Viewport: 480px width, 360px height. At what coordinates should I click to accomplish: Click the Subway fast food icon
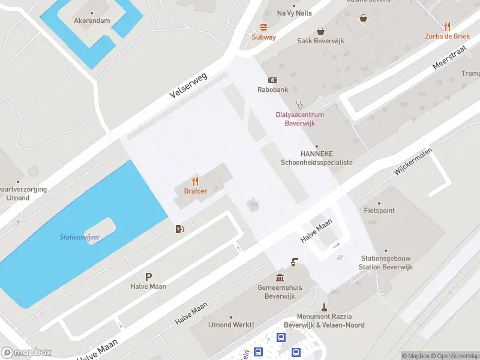[263, 27]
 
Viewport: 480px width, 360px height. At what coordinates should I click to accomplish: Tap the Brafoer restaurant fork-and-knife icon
[194, 181]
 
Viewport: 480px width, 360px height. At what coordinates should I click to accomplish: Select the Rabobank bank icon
[272, 80]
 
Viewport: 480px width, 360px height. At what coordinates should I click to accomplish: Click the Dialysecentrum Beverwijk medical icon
[299, 104]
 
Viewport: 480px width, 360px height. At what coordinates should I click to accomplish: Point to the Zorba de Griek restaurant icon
[447, 26]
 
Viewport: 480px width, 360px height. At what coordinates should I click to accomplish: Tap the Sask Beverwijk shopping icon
[321, 31]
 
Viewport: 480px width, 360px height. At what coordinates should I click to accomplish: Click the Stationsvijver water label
[79, 237]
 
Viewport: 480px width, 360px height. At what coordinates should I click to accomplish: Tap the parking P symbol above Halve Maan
[148, 277]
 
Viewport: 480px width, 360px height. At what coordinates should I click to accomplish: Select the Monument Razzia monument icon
[324, 307]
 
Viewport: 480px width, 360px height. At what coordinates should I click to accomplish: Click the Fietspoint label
[379, 211]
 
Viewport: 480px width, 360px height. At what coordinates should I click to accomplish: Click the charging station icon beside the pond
[179, 229]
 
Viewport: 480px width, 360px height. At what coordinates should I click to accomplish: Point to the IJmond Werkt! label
[230, 325]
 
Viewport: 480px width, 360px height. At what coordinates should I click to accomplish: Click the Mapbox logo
[26, 353]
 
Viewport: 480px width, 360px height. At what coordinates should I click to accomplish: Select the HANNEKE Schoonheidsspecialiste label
[316, 158]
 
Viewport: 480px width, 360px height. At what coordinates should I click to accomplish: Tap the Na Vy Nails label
[295, 13]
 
